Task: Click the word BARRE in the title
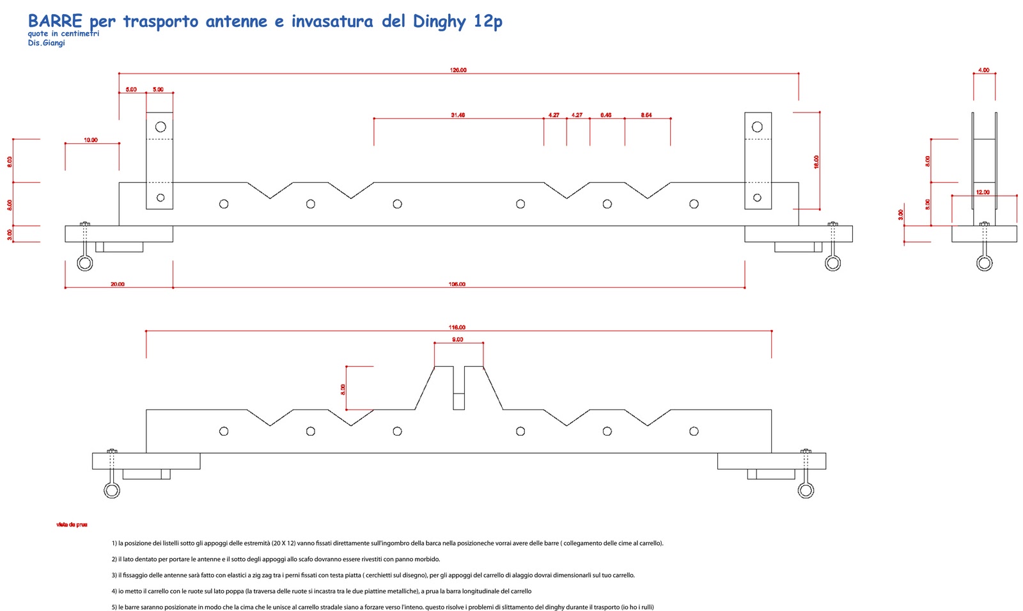coord(55,21)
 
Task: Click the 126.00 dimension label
coord(458,70)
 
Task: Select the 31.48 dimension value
coord(458,115)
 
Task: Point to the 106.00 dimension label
coord(457,284)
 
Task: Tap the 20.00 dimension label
coord(118,284)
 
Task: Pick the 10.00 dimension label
coord(91,140)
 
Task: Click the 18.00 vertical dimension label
coord(816,162)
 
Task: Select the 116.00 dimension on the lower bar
coord(457,328)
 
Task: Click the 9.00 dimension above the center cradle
coord(458,340)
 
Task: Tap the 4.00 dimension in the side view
coord(984,70)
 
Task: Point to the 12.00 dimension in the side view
coord(983,192)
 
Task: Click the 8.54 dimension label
coord(646,115)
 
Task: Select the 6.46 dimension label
coord(605,115)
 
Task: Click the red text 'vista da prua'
coord(72,525)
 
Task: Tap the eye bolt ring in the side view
coord(985,263)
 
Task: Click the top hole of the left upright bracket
coord(160,127)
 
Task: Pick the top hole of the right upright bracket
coord(757,127)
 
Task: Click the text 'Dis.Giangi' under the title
coord(46,43)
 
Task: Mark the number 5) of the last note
coord(114,607)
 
